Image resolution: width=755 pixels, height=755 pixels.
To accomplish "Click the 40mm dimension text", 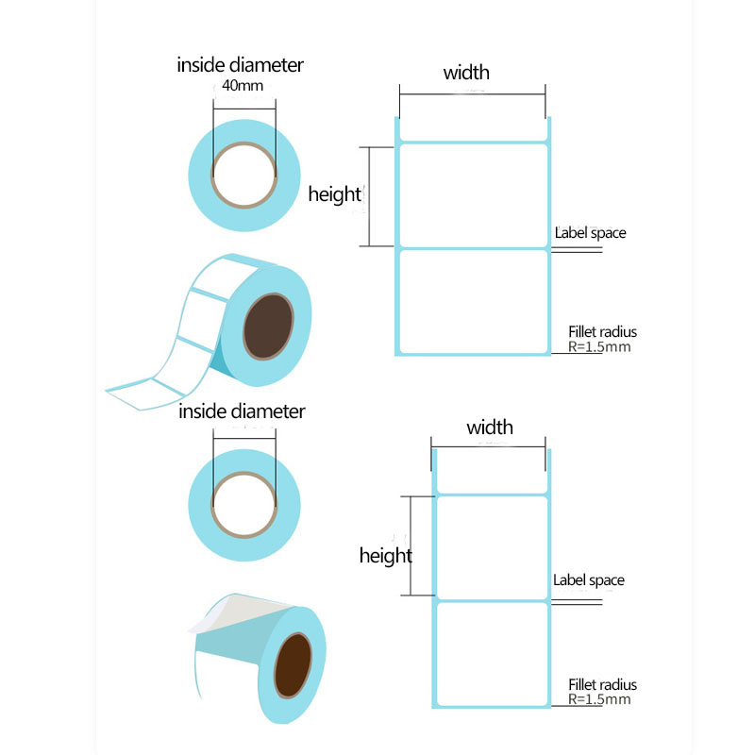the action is [x=243, y=86].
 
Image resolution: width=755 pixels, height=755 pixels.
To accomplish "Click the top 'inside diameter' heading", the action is [x=240, y=65].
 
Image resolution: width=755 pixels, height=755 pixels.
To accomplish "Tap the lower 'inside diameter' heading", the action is [x=242, y=411].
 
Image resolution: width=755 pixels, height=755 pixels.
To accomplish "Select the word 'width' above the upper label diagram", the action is [x=466, y=73].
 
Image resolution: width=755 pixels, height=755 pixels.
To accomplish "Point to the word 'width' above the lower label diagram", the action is [x=489, y=428].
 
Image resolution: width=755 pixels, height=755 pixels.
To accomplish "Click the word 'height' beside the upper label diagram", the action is [x=335, y=194].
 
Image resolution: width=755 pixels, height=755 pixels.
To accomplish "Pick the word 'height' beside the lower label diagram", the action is [x=386, y=556].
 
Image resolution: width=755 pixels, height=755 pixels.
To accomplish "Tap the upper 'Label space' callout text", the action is [x=591, y=233].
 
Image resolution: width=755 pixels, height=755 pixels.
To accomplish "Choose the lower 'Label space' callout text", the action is [x=588, y=580].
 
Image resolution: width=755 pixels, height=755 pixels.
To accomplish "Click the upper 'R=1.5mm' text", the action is [x=599, y=346].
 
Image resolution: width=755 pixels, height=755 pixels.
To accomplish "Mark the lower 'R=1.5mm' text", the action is [x=599, y=699].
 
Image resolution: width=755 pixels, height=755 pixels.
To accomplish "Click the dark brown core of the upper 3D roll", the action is [x=268, y=327].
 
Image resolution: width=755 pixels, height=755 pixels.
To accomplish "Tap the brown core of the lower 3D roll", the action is [x=293, y=665].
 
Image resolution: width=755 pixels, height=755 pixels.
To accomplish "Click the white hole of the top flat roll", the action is [x=244, y=176].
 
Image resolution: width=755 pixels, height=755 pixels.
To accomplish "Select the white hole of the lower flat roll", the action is [x=244, y=505].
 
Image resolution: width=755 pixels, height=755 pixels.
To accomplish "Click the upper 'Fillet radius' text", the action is [x=602, y=332].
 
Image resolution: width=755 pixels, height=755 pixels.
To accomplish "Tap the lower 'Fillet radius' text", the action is [x=602, y=685].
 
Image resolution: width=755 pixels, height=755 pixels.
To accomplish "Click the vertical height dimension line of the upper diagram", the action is [x=369, y=196].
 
